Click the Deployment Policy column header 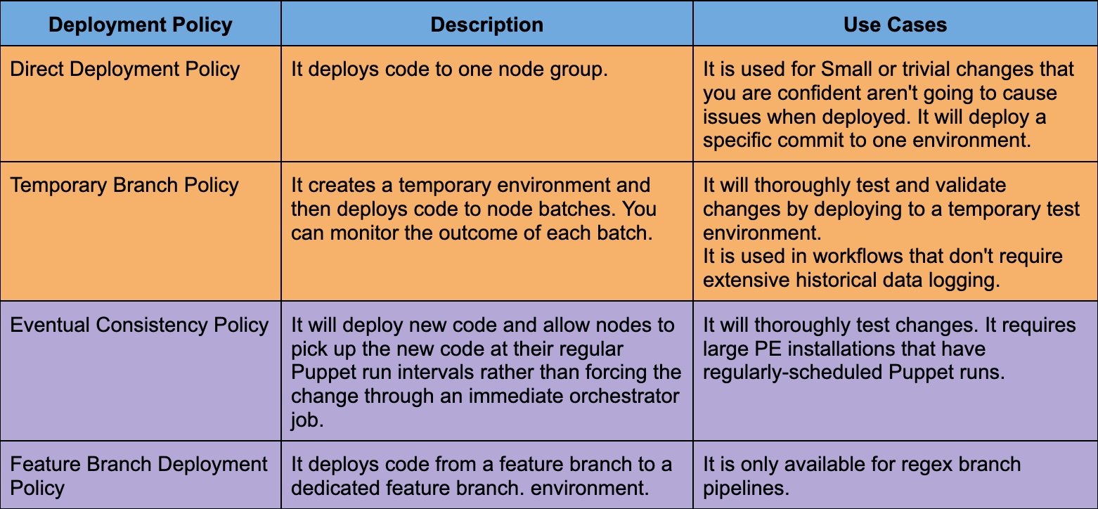coord(141,25)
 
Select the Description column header coord(486,25)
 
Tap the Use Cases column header coord(895,25)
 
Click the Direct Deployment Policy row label coord(125,70)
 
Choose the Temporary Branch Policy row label coord(124,186)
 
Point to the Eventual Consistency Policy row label coord(139,326)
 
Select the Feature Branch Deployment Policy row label coord(138,476)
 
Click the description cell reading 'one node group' coord(448,70)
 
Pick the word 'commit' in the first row coord(833,139)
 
